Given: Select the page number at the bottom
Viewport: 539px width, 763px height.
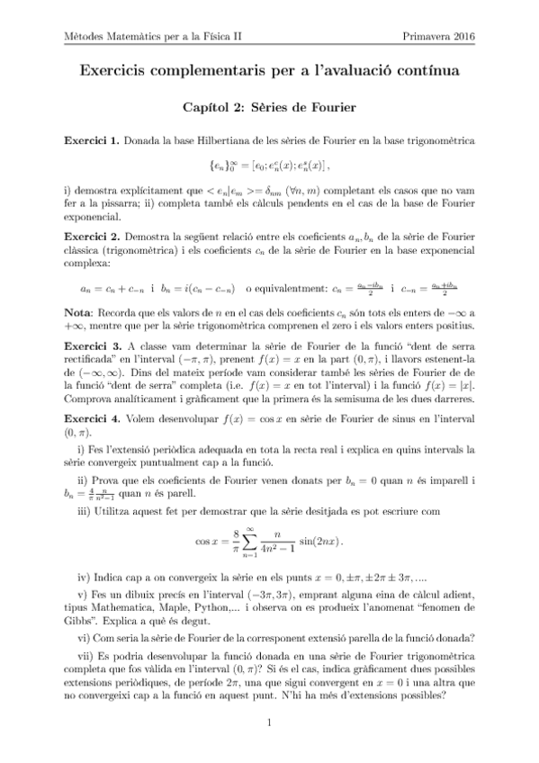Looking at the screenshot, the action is (x=269, y=723).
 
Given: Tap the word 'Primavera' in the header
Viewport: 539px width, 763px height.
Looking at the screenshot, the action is (x=427, y=36).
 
